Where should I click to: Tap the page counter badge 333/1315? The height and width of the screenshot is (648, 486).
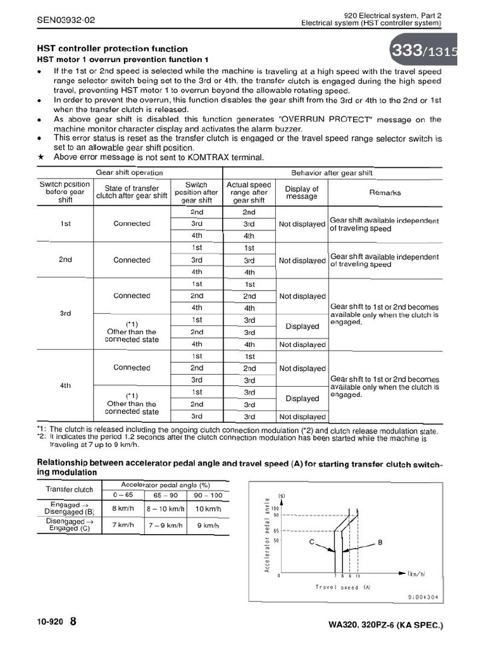click(428, 53)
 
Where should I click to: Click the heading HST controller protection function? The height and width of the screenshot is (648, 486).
click(112, 49)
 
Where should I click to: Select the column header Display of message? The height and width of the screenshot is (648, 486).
click(302, 192)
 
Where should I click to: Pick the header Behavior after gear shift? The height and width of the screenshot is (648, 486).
click(332, 173)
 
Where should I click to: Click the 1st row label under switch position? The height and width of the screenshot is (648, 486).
click(65, 223)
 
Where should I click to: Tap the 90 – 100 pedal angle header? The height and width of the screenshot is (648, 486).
click(208, 494)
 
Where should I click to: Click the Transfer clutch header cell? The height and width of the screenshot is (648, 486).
click(69, 489)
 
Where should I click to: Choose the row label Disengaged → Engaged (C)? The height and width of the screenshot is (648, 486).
click(69, 525)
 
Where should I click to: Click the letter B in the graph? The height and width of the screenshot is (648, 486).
click(380, 542)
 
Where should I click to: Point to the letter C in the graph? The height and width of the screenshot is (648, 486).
click(311, 542)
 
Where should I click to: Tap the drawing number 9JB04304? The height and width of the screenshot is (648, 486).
click(423, 597)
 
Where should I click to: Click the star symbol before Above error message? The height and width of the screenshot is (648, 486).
click(41, 157)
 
